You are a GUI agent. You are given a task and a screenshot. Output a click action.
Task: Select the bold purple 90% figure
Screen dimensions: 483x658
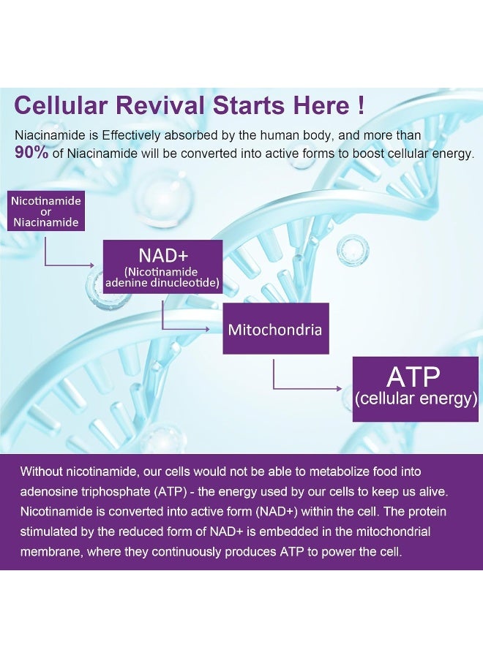click(x=31, y=153)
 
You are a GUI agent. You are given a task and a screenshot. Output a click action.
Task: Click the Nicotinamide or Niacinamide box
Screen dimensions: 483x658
click(x=46, y=211)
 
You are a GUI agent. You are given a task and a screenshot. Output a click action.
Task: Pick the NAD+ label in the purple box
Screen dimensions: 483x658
click(x=163, y=255)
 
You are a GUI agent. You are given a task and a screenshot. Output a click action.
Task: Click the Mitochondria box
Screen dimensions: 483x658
click(x=275, y=328)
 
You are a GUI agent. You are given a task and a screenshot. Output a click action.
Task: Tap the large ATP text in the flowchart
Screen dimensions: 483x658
click(x=413, y=377)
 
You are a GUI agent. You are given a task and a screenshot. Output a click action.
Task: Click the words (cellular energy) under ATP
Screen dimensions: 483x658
click(x=416, y=398)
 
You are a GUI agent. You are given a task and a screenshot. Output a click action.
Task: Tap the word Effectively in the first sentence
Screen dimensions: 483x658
click(x=131, y=135)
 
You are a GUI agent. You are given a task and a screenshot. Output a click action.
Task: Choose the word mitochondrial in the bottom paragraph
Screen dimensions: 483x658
click(x=393, y=532)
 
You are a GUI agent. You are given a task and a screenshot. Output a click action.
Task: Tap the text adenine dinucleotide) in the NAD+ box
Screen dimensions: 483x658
click(x=162, y=282)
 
